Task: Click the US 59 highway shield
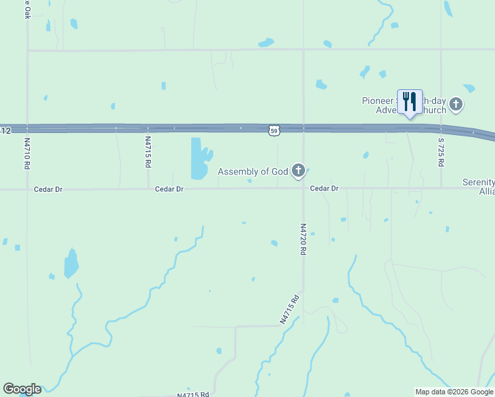click(274, 131)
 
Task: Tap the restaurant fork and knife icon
click(410, 102)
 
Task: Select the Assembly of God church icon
click(298, 171)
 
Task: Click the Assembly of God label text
click(253, 172)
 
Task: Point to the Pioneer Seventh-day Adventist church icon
click(455, 104)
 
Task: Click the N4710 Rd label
click(28, 153)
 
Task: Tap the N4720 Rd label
click(304, 240)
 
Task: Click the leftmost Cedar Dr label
click(48, 189)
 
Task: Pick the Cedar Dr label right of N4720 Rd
click(324, 189)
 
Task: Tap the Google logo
click(22, 389)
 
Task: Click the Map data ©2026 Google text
click(455, 392)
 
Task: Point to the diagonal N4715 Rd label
click(290, 309)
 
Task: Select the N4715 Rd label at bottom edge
click(193, 394)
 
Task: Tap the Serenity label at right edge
click(478, 183)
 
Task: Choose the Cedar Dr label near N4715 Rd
click(169, 189)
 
